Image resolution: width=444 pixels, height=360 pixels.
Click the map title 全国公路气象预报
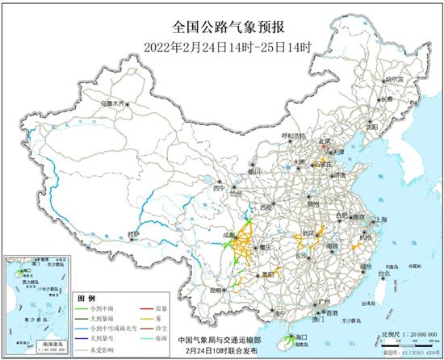tap(223, 26)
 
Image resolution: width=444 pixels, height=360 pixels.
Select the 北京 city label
tap(325, 139)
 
